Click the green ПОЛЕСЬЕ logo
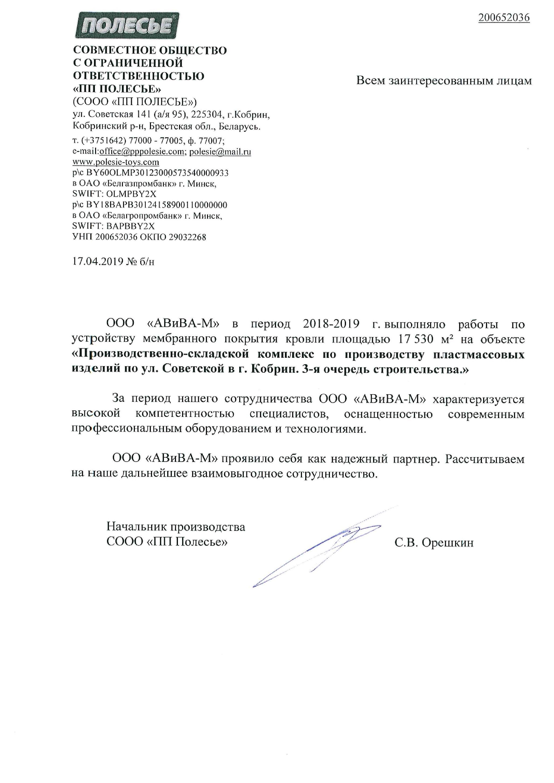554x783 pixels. click(x=127, y=26)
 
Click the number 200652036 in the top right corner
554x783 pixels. click(x=504, y=17)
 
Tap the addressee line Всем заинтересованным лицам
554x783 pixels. click(x=444, y=81)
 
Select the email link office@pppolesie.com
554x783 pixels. click(x=142, y=151)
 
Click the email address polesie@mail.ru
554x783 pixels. click(x=220, y=151)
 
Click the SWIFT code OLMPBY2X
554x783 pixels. click(x=131, y=194)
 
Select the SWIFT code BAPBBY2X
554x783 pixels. click(x=131, y=226)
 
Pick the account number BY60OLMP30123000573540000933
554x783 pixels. click(x=157, y=173)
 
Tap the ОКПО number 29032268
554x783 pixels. click(x=187, y=237)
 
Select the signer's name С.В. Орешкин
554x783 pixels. click(x=434, y=542)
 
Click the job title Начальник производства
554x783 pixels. click(x=176, y=527)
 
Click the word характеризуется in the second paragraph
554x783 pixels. click(x=478, y=399)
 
